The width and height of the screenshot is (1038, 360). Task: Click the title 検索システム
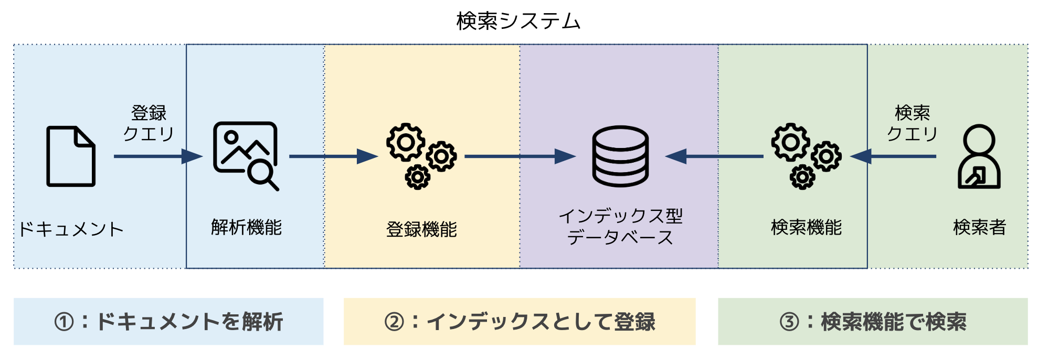(518, 21)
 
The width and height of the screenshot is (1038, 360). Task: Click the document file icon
(71, 156)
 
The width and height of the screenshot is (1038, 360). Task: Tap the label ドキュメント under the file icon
(71, 229)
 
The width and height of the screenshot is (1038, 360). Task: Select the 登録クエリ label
(149, 123)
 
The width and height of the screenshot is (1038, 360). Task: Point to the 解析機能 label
(246, 227)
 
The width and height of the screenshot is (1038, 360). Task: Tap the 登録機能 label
(421, 229)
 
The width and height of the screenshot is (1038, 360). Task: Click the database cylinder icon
(620, 156)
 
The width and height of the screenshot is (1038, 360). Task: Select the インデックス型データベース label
(620, 227)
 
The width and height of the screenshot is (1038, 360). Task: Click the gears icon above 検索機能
(806, 156)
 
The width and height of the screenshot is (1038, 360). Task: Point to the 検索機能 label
(806, 227)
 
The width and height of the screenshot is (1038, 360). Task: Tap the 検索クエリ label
(912, 123)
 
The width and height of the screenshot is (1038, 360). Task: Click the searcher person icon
(979, 156)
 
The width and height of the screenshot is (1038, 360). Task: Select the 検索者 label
(979, 227)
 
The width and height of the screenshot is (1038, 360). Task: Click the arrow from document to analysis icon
(157, 156)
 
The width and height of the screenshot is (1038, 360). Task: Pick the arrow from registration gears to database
(520, 156)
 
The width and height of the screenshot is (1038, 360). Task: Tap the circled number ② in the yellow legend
(394, 322)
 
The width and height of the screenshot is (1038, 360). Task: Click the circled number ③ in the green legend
(789, 322)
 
